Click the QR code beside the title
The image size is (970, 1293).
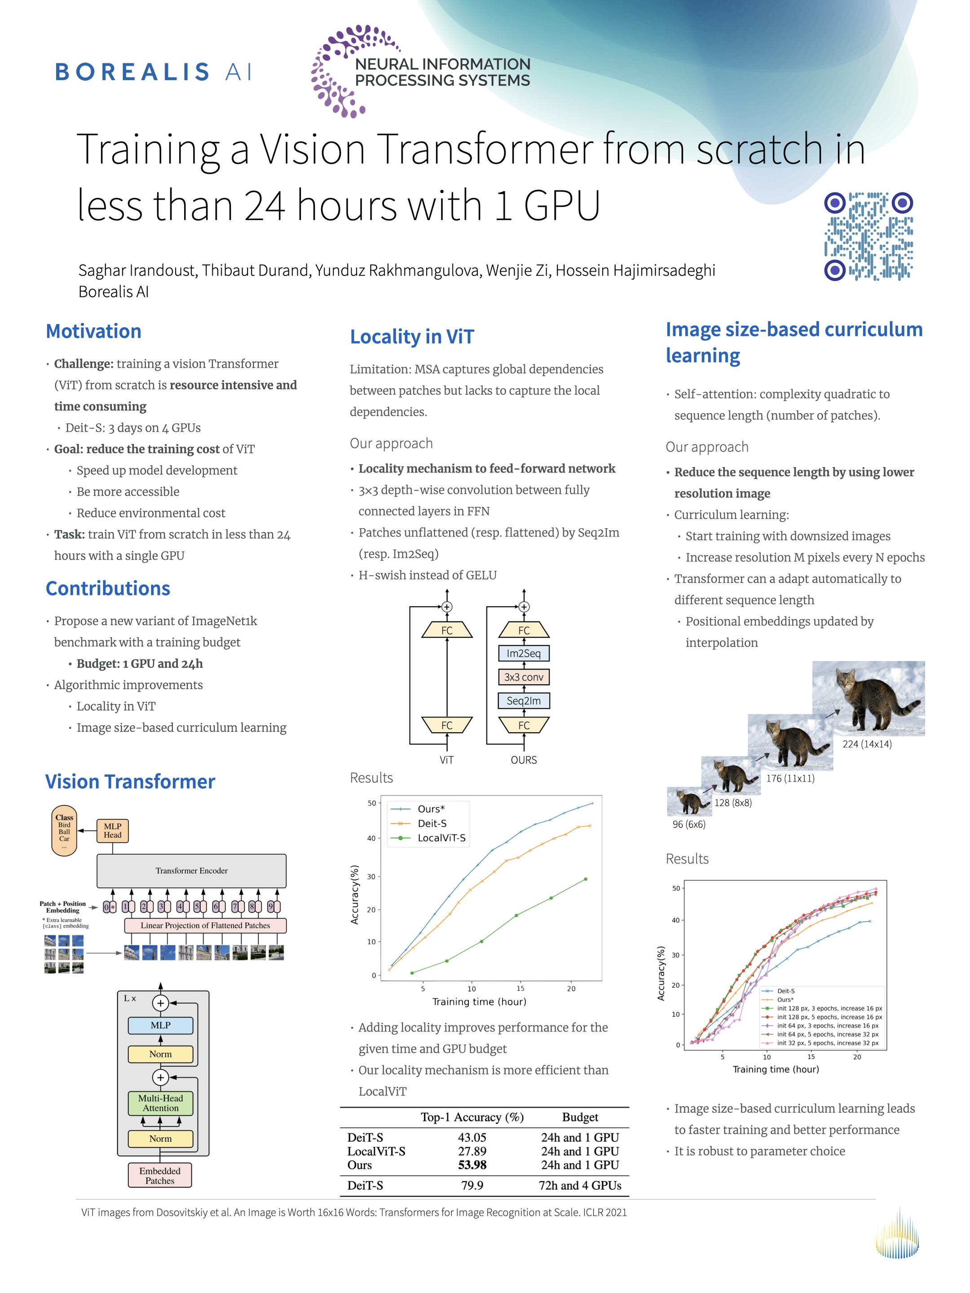click(x=868, y=236)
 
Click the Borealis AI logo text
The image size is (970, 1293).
click(x=153, y=72)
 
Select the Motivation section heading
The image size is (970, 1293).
click(x=93, y=331)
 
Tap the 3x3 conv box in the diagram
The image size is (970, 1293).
click(x=523, y=677)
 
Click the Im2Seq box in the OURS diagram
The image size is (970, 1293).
click(x=523, y=653)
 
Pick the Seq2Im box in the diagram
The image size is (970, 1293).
click(x=523, y=700)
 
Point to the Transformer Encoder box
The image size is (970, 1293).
click(x=191, y=871)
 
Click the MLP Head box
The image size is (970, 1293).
click(x=112, y=830)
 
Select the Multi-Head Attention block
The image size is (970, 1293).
click(x=160, y=1103)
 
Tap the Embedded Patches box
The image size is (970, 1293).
click(x=159, y=1175)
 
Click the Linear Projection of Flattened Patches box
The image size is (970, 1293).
click(x=205, y=925)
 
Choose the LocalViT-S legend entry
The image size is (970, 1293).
click(x=441, y=838)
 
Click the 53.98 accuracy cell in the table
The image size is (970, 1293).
click(x=472, y=1165)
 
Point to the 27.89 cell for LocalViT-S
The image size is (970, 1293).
click(x=472, y=1151)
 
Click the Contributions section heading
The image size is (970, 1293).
click(x=108, y=588)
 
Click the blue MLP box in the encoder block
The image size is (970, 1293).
click(x=160, y=1025)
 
